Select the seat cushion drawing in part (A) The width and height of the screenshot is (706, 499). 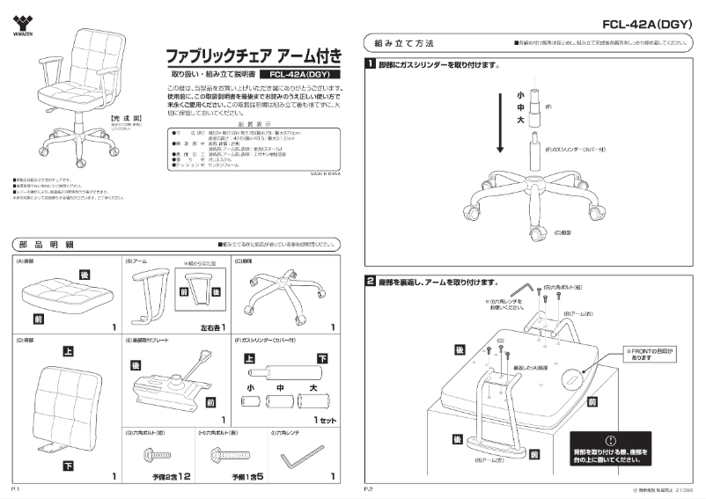click(x=58, y=295)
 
